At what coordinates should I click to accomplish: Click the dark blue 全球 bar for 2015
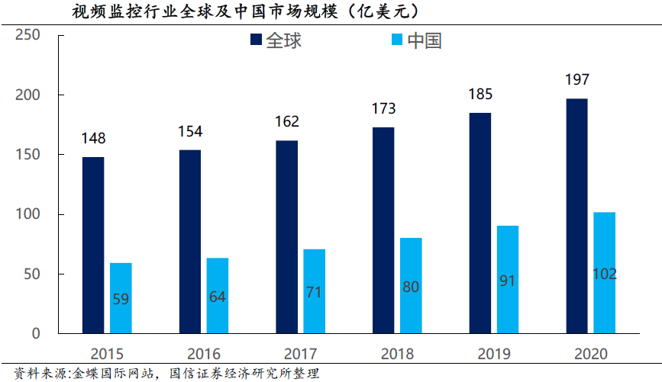pos(93,245)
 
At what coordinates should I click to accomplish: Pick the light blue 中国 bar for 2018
pos(411,285)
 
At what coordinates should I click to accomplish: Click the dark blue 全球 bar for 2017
pos(286,236)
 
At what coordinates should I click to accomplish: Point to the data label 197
pos(576,79)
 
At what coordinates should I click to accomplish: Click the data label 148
pos(93,138)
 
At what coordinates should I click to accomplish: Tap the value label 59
pos(121,299)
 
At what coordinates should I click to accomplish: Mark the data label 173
pos(383,109)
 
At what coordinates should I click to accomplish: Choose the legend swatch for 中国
pos(398,40)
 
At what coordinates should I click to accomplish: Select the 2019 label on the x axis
pos(494,354)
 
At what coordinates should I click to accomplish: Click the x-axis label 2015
pos(107,354)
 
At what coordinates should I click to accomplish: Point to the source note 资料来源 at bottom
pos(160,374)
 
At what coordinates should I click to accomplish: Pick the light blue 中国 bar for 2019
pos(508,279)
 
